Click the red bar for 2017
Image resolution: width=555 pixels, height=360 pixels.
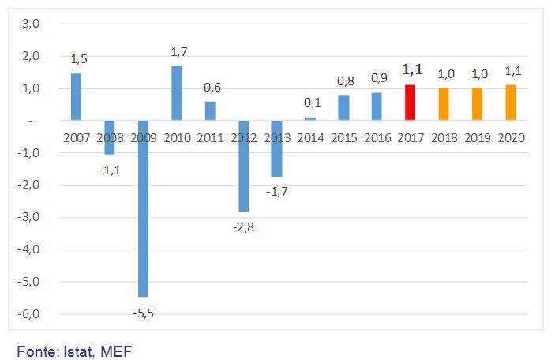411,103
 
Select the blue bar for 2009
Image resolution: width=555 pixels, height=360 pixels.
144,209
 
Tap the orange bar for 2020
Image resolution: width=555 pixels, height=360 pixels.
511,103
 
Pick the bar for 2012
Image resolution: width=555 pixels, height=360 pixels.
243,166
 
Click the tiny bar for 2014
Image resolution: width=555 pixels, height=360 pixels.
310,119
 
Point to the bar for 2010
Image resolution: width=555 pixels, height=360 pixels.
177,93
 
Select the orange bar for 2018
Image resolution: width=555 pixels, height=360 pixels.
444,104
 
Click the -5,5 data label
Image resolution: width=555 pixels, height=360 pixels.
143,313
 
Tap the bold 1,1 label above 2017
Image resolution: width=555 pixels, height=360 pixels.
412,69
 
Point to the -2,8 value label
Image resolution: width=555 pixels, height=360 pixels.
243,227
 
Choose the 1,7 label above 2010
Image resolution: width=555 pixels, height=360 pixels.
179,52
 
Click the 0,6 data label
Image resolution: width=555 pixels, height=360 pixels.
212,88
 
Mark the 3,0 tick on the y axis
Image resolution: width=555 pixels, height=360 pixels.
31,24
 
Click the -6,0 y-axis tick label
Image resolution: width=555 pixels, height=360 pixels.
28,314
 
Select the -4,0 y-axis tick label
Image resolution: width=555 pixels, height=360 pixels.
28,249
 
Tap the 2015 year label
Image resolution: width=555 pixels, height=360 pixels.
343,137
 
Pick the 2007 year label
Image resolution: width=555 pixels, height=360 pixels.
77,137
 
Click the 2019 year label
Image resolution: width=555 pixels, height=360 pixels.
478,137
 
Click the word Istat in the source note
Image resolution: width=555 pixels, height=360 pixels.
79,351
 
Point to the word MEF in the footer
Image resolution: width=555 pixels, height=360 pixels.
116,351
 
